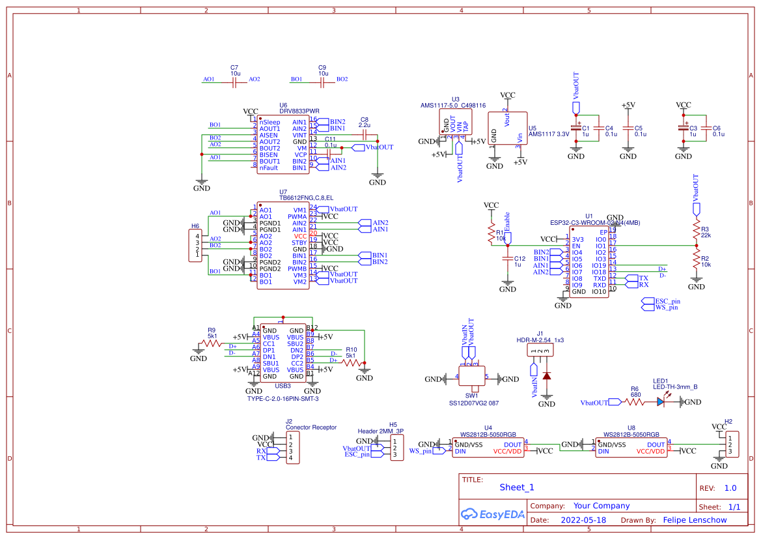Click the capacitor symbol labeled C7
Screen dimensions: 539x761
coord(234,81)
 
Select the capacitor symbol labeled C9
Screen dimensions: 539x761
coord(322,81)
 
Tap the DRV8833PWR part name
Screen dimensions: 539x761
coord(299,111)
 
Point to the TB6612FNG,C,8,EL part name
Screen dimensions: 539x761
coord(306,197)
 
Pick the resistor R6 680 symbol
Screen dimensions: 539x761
coord(635,403)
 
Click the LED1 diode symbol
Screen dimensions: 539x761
coord(661,403)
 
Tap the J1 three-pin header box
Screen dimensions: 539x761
coord(540,351)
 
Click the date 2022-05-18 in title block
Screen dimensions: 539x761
coord(583,520)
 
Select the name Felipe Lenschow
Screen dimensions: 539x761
coord(695,520)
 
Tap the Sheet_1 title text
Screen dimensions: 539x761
coord(516,487)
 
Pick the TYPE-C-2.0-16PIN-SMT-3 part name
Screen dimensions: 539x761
coord(283,398)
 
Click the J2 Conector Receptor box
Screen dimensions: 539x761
coord(293,448)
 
